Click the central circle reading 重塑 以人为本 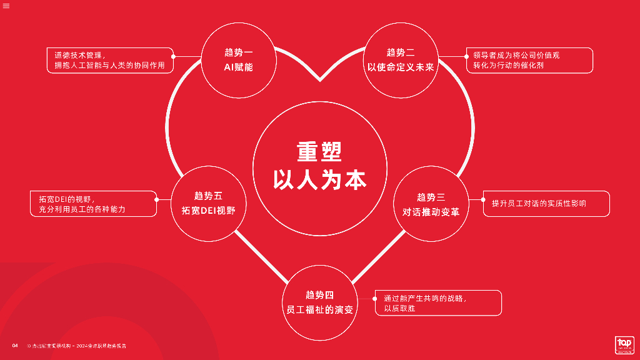(319, 166)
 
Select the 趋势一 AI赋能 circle (238, 60)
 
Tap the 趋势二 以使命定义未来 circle (400, 60)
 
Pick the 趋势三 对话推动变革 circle (431, 204)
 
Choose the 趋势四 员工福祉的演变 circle (319, 302)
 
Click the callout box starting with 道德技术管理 (109, 60)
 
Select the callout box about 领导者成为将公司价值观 (529, 60)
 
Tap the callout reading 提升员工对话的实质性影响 (546, 204)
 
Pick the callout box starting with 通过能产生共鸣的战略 (438, 303)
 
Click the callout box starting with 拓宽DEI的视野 (93, 204)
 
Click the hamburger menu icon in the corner (6, 6)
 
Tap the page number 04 (15, 346)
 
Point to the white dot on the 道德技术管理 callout (173, 56)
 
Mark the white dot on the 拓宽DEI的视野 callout (157, 199)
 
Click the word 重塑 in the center (319, 152)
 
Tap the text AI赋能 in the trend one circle (238, 67)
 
